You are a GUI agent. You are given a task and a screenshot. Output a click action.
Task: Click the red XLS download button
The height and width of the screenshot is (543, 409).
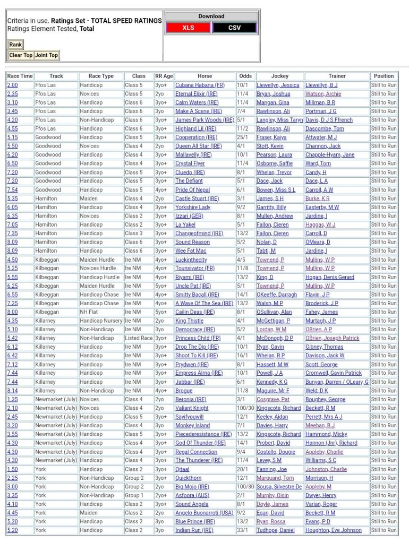click(188, 28)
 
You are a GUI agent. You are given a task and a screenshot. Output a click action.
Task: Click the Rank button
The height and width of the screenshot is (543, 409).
click(15, 45)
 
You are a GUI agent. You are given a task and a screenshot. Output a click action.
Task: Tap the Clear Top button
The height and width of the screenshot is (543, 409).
click(21, 55)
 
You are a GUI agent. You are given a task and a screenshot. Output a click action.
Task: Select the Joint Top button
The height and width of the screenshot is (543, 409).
click(46, 55)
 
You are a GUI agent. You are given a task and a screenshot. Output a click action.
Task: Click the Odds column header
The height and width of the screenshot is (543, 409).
click(245, 76)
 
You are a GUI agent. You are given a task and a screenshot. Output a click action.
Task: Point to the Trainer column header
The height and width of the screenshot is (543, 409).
click(337, 76)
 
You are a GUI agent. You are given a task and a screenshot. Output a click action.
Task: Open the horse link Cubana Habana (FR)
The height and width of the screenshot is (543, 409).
click(200, 85)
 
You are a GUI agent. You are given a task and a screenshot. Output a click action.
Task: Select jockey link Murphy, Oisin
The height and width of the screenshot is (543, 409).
click(272, 495)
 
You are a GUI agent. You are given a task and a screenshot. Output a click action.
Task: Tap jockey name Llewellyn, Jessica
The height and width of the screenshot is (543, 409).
click(278, 85)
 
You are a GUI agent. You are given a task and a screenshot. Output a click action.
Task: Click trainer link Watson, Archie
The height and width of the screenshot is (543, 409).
click(323, 93)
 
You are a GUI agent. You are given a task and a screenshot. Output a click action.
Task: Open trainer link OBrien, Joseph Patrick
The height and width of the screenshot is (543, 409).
click(332, 338)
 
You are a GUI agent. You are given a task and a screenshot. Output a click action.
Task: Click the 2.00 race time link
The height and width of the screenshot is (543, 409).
click(12, 85)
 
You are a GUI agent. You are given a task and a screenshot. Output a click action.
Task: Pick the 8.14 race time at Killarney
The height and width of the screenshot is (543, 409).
click(12, 391)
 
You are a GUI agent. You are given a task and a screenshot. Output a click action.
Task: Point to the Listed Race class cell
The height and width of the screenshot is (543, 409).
click(139, 338)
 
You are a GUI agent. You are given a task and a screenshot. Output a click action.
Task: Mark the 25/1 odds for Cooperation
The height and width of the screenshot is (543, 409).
click(242, 137)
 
